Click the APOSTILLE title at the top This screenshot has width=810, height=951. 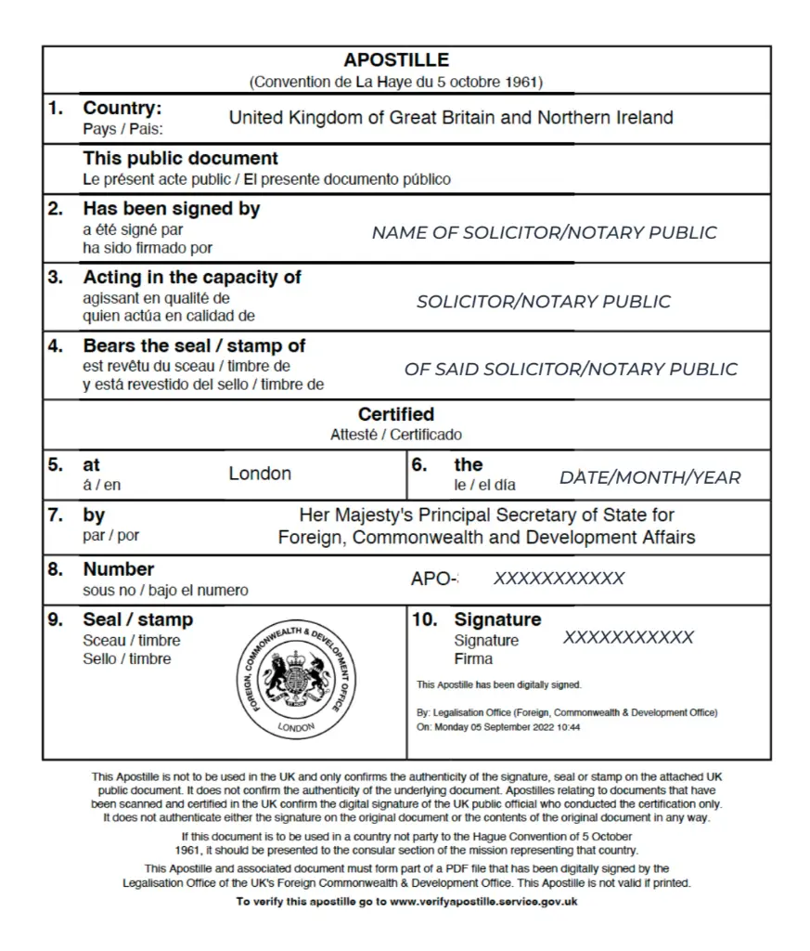[x=396, y=60]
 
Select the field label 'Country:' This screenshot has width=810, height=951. [x=122, y=109]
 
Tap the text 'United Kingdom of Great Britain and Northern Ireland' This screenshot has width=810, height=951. [x=451, y=118]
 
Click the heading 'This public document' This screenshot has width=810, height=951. [x=180, y=159]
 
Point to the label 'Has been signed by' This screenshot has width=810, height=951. [x=172, y=209]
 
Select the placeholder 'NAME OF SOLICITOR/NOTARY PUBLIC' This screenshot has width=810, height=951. [x=544, y=233]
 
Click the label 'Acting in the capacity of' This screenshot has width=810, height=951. [x=192, y=277]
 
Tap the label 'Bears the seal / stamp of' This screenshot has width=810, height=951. [x=194, y=345]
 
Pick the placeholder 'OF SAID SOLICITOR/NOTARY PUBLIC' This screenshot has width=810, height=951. [x=571, y=370]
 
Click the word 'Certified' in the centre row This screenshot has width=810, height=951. [x=396, y=414]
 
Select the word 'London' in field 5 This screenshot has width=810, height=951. [x=260, y=474]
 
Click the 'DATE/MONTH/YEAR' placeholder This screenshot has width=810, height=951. [x=649, y=478]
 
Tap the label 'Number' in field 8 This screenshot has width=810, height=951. [x=119, y=569]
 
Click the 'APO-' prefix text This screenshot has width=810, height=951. [x=433, y=580]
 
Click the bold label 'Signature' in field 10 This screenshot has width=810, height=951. [x=497, y=619]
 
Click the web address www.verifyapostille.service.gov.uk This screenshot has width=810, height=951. [x=482, y=902]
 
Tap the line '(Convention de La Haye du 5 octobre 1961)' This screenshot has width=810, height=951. [x=396, y=82]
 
